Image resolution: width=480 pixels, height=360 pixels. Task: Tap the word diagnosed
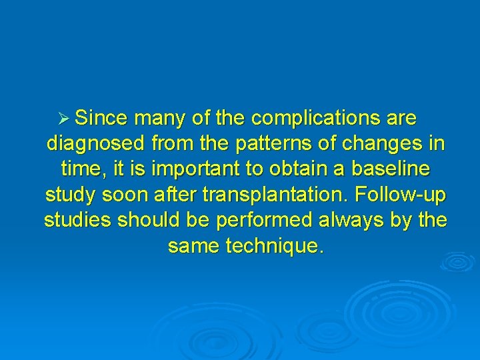tap(97, 144)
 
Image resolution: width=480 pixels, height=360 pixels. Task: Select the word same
tap(195, 246)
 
